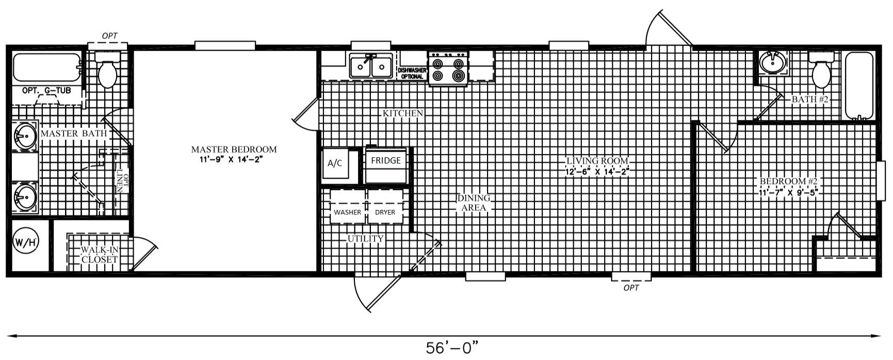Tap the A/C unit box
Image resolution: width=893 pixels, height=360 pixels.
pyautogui.click(x=335, y=163)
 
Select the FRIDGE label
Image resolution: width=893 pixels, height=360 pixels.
pyautogui.click(x=386, y=160)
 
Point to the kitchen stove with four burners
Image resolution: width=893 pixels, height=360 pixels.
pyautogui.click(x=448, y=69)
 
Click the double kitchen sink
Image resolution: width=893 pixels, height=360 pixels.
pyautogui.click(x=370, y=66)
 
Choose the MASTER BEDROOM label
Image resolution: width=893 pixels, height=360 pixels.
pyautogui.click(x=234, y=150)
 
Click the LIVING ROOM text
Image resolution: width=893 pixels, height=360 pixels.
pyautogui.click(x=597, y=161)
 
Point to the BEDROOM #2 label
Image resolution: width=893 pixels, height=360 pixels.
pyautogui.click(x=789, y=182)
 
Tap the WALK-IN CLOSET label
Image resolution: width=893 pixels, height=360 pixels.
pyautogui.click(x=100, y=255)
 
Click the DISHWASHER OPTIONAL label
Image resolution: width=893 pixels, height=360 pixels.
pyautogui.click(x=412, y=73)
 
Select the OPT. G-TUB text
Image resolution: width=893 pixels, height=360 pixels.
pyautogui.click(x=46, y=90)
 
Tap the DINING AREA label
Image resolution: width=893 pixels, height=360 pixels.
pyautogui.click(x=474, y=203)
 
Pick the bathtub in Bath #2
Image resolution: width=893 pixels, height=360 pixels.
pyautogui.click(x=858, y=86)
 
